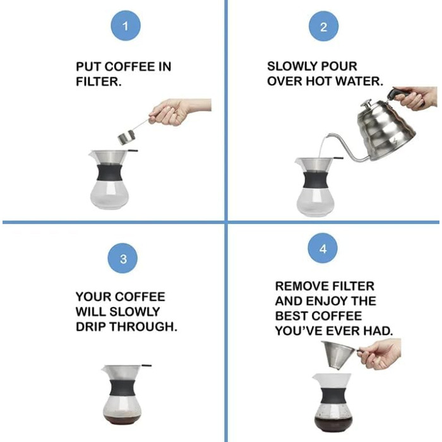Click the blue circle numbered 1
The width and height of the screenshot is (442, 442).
pos(126,26)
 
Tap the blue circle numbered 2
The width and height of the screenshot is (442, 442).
pos(323,27)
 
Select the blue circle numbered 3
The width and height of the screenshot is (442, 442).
pos(123,258)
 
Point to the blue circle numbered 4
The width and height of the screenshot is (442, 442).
pos(323,248)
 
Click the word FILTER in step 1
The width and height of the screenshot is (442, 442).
pos(99,81)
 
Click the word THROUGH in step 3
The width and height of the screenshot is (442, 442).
pos(143,326)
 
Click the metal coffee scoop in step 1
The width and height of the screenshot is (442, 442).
pos(126,138)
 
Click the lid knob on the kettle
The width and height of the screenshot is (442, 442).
pos(367,104)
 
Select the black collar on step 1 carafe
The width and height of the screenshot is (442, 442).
pos(110,172)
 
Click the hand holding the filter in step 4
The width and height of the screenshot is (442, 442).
pos(381,354)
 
